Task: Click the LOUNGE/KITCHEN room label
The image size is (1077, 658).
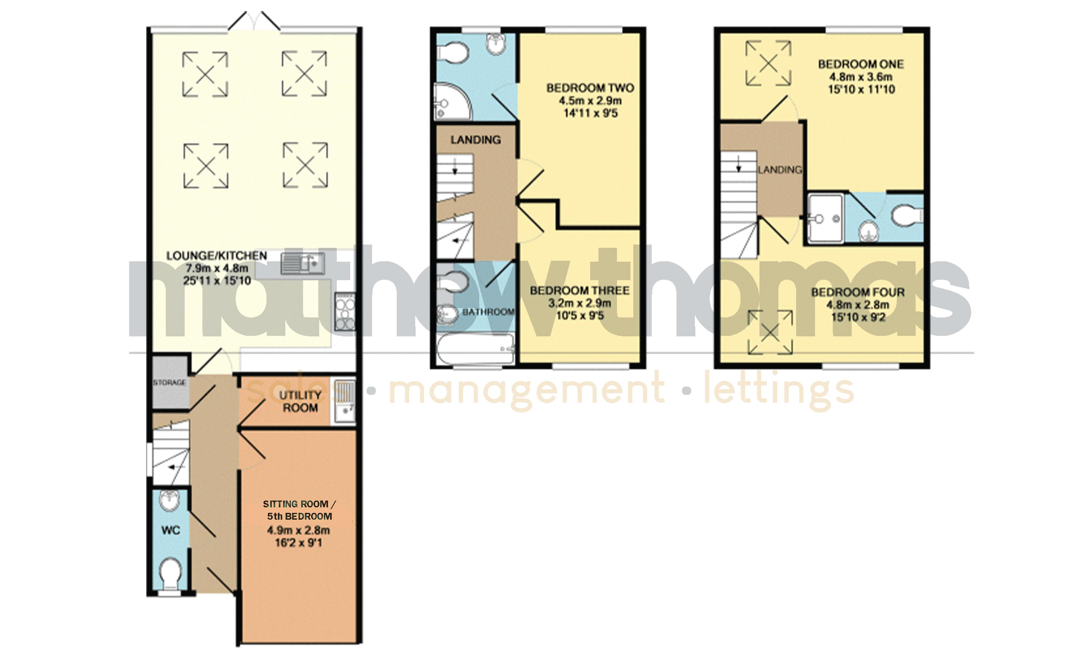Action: click(x=217, y=256)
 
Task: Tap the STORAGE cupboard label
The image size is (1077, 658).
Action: click(x=170, y=383)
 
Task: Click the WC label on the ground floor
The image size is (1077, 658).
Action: click(x=170, y=530)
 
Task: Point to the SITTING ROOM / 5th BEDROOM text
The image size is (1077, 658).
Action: click(x=299, y=510)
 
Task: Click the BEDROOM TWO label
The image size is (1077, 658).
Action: click(x=590, y=88)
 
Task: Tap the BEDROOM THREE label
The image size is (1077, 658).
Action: click(x=579, y=291)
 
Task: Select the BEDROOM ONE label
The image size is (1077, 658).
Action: click(x=860, y=64)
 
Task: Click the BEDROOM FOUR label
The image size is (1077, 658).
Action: click(x=858, y=292)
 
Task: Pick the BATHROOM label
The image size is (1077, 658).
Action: click(x=488, y=312)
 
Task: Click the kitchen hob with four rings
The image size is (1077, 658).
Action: click(x=345, y=311)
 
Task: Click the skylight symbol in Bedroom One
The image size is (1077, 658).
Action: click(x=768, y=63)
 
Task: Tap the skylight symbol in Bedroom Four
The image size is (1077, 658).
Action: click(x=770, y=332)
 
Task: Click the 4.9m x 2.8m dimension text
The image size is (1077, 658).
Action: click(x=299, y=530)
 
